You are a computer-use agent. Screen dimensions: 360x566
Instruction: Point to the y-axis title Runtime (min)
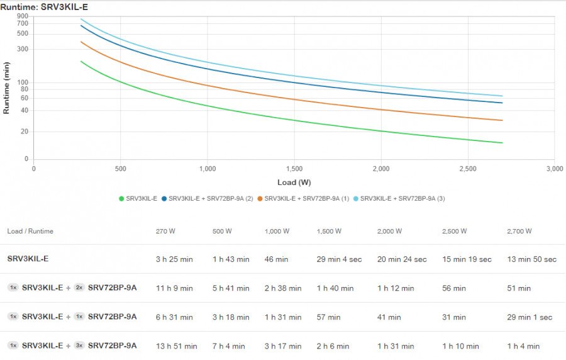point(6,87)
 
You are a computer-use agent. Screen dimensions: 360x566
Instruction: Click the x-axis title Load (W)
point(294,183)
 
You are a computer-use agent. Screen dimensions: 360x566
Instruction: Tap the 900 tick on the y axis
point(23,16)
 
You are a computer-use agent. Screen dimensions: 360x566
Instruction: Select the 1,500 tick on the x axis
point(294,169)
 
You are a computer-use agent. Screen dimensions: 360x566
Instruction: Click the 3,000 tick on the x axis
point(554,169)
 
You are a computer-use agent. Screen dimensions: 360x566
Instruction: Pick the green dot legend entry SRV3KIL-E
point(138,198)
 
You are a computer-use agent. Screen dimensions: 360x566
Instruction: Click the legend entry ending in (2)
point(207,198)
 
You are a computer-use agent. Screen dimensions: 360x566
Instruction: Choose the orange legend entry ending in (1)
point(303,198)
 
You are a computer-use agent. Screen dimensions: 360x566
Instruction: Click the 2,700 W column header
point(519,231)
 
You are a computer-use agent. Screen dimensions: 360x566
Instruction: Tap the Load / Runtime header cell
point(30,231)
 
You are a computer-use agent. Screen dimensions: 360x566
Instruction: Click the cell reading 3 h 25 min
point(174,259)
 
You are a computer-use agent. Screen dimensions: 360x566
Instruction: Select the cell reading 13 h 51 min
point(176,346)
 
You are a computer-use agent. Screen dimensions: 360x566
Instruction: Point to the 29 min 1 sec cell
point(529,317)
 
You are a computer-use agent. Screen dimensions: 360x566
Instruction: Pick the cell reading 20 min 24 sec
point(402,259)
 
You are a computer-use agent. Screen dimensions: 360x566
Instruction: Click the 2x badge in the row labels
point(79,288)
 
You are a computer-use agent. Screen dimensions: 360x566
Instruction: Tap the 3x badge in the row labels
point(79,346)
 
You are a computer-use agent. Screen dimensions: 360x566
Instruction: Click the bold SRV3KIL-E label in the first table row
point(28,259)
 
